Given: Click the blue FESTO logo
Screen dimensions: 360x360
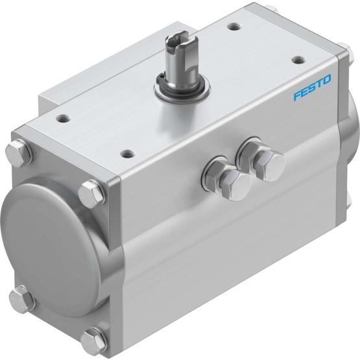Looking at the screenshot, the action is point(313,88).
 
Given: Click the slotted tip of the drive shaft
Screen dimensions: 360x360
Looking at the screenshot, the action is point(178,41).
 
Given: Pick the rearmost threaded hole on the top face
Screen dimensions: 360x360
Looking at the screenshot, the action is point(234,27).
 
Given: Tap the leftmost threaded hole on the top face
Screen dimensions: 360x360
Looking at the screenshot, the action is point(64,119).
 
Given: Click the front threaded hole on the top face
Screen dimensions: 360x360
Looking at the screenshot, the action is point(128,153).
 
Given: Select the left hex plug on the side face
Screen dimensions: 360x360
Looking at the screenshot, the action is point(232,182).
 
